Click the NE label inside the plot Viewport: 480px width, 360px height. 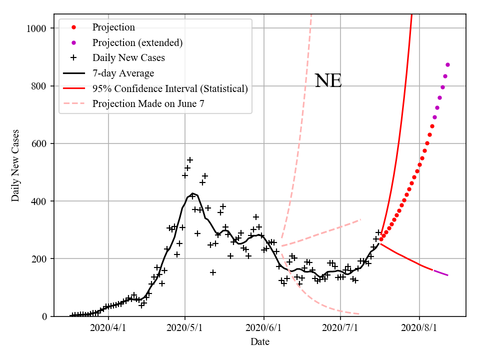click(x=328, y=81)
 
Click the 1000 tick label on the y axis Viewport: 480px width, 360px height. click(x=36, y=28)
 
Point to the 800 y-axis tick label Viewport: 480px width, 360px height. click(x=39, y=86)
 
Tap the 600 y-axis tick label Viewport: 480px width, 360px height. click(x=39, y=143)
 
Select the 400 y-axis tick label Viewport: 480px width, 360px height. click(x=39, y=201)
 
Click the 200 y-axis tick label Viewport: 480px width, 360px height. click(x=39, y=259)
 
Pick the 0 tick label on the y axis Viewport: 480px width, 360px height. click(x=44, y=316)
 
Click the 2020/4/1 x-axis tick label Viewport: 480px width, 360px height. click(x=108, y=328)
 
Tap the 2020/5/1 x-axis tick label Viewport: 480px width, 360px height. click(x=185, y=328)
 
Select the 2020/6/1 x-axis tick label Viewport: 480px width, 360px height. click(x=263, y=328)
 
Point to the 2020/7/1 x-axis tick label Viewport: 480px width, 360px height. click(x=340, y=328)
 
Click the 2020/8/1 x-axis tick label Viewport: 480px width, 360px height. click(x=419, y=328)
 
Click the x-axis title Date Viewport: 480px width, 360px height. click(x=260, y=342)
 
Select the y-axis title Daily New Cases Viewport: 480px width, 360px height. click(x=15, y=166)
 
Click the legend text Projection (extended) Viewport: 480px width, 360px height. click(x=137, y=42)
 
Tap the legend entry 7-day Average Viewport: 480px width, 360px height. click(x=123, y=73)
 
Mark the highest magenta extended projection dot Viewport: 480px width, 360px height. click(x=447, y=64)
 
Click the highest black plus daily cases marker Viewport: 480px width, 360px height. click(x=190, y=160)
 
